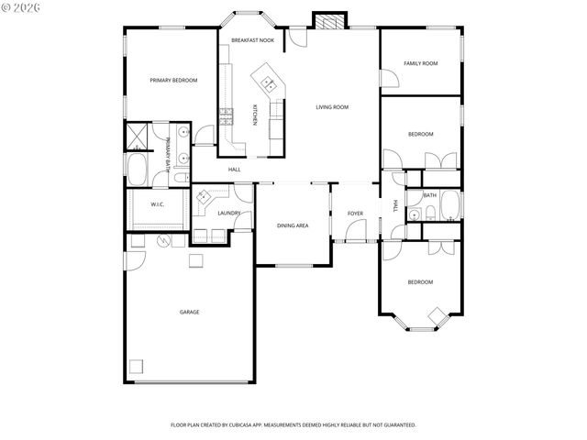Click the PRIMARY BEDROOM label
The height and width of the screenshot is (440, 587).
pyautogui.click(x=173, y=81)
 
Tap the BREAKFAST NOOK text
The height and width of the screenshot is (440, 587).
pyautogui.click(x=252, y=40)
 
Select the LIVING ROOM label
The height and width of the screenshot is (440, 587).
pyautogui.click(x=332, y=107)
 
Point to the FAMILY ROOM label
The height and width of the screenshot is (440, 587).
pyautogui.click(x=421, y=63)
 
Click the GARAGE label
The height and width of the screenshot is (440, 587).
pyautogui.click(x=189, y=312)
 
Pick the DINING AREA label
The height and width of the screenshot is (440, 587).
pyautogui.click(x=293, y=225)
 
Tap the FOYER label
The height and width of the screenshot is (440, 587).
pyautogui.click(x=355, y=214)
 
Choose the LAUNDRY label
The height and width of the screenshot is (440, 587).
pyautogui.click(x=229, y=214)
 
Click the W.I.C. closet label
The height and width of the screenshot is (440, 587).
pyautogui.click(x=157, y=204)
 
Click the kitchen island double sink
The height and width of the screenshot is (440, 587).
pyautogui.click(x=270, y=84)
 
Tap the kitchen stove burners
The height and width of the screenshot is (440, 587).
pyautogui.click(x=226, y=115)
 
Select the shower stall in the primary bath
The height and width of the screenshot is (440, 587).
pyautogui.click(x=138, y=137)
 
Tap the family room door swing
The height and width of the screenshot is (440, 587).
pyautogui.click(x=389, y=79)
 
